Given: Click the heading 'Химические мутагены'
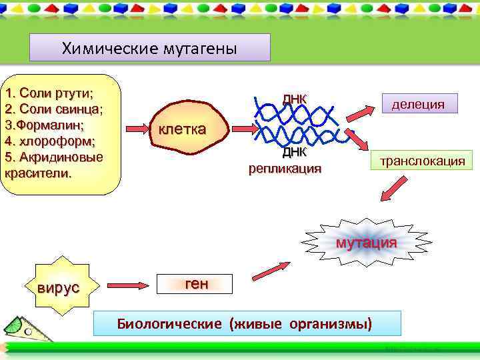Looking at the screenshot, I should (149, 48).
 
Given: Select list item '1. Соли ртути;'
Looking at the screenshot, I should (49, 92).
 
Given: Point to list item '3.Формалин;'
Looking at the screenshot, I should (45, 125).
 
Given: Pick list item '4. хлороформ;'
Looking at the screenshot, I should (50, 141).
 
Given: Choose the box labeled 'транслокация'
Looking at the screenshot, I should (423, 161).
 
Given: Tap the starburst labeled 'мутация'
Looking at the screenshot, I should (366, 242).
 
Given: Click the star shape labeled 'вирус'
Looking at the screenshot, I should (58, 287).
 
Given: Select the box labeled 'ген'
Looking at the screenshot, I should (196, 284).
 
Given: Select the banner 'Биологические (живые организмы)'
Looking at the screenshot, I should (248, 323).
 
